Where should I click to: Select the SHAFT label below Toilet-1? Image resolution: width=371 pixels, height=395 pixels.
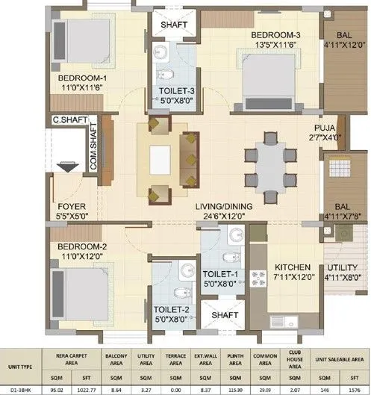coord(225,316)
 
